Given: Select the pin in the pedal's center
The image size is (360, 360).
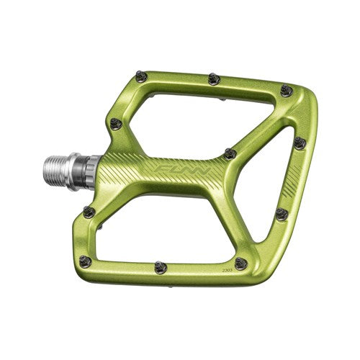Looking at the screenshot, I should pyautogui.click(x=229, y=153).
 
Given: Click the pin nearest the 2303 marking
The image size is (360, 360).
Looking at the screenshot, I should pyautogui.click(x=240, y=264).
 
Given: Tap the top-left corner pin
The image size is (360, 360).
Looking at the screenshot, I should pyautogui.click(x=141, y=76).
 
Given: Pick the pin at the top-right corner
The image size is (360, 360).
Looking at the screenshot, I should pyautogui.click(x=287, y=91).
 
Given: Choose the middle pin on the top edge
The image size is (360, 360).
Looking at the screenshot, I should pyautogui.click(x=214, y=79).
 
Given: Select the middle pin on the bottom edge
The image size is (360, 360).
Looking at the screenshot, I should pyautogui.click(x=161, y=267).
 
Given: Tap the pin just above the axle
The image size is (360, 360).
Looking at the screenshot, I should pyautogui.click(x=114, y=125).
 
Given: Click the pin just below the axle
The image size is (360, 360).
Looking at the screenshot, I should pyautogui.click(x=89, y=212).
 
